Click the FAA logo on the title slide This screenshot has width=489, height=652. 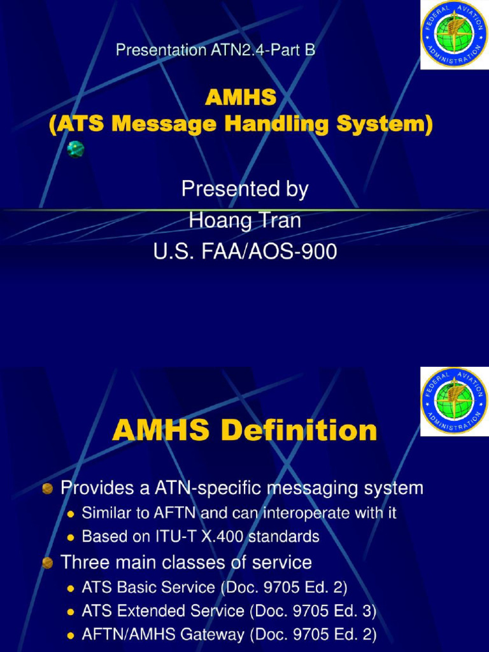click(x=454, y=34)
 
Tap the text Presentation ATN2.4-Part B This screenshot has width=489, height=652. click(x=215, y=50)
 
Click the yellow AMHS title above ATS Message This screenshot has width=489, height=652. click(x=241, y=97)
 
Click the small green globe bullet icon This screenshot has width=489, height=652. click(x=76, y=150)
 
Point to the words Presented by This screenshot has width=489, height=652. click(x=244, y=189)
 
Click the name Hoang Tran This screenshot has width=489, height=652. click(x=244, y=221)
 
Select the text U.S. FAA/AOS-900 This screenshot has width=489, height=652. click(x=244, y=253)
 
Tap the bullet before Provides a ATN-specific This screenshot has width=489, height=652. click(x=47, y=489)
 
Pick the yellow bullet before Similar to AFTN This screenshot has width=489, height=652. click(x=71, y=513)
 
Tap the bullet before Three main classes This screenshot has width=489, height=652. click(x=47, y=563)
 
